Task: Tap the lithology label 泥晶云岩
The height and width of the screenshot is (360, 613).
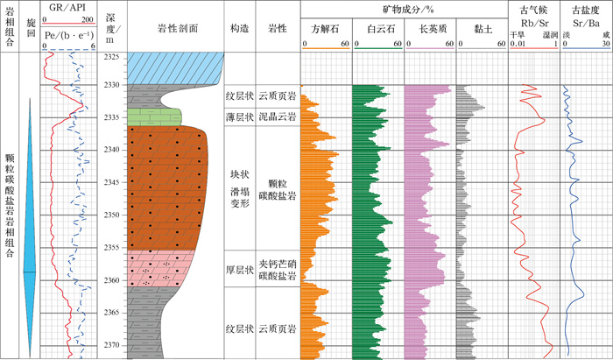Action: click(278, 116)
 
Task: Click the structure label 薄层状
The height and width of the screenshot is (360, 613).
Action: click(239, 116)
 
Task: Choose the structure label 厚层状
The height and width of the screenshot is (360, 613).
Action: click(239, 270)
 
